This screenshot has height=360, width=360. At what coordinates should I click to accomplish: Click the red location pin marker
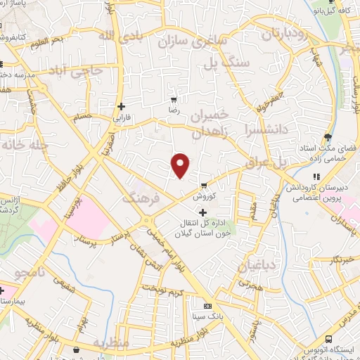pyautogui.click(x=181, y=165)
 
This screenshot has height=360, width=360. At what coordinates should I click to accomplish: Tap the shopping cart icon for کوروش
pyautogui.click(x=204, y=186)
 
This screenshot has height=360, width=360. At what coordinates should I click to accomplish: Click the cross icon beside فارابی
pyautogui.click(x=121, y=107)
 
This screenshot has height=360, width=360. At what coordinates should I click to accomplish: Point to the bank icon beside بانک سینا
pyautogui.click(x=207, y=307)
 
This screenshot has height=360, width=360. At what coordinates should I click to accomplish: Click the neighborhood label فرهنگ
pyautogui.click(x=142, y=200)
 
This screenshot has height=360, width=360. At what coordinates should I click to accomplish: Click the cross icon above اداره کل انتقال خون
pyautogui.click(x=204, y=212)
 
